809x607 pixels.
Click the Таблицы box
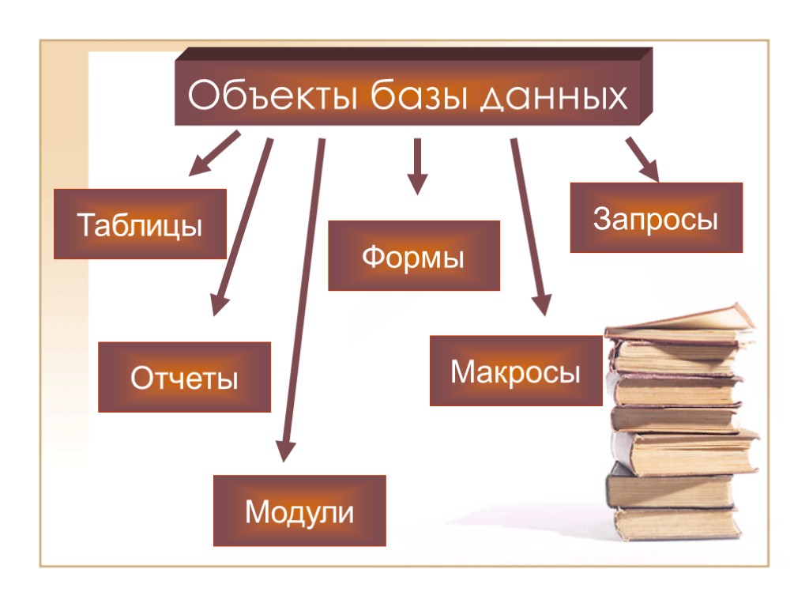[x=140, y=224]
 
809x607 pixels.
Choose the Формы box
[x=414, y=255]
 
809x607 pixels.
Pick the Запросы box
[x=656, y=217]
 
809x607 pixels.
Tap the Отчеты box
[x=184, y=377]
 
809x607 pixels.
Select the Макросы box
[x=516, y=371]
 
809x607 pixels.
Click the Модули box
[x=299, y=511]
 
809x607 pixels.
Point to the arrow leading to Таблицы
[x=213, y=153]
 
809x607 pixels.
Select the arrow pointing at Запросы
[x=642, y=158]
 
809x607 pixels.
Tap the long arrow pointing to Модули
[x=304, y=300]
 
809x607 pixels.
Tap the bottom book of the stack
[x=675, y=522]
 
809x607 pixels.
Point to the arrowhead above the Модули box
[x=286, y=451]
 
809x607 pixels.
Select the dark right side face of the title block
[x=646, y=85]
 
